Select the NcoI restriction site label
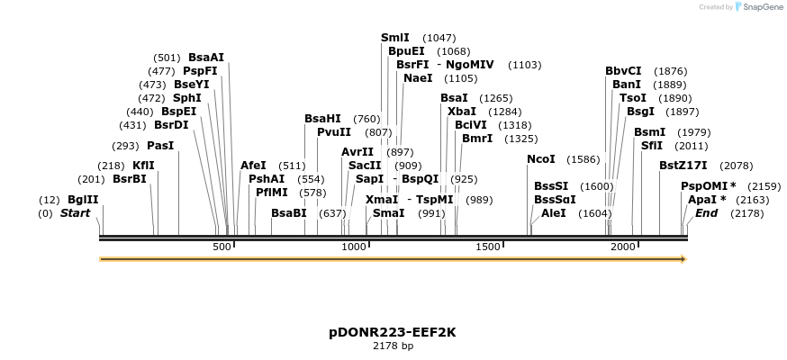(x=541, y=159)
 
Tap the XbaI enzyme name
(x=460, y=111)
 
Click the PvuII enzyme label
(x=334, y=131)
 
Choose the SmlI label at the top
(x=395, y=38)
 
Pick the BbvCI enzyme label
(x=623, y=71)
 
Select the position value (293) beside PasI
(x=124, y=145)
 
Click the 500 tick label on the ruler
(x=222, y=247)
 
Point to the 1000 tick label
(x=354, y=247)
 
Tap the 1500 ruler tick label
(x=488, y=247)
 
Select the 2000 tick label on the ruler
(x=621, y=247)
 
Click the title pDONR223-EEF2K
(x=393, y=332)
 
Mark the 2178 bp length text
(x=393, y=346)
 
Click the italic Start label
(x=76, y=213)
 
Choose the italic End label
(x=707, y=213)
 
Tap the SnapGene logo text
(x=763, y=7)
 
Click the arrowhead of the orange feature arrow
(x=683, y=259)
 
